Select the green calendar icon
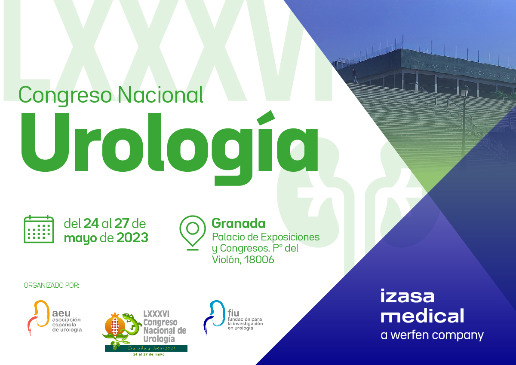pyautogui.click(x=39, y=229)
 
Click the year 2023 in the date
pyautogui.click(x=132, y=237)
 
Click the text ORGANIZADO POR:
pyautogui.click(x=52, y=285)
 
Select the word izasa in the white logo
pyautogui.click(x=407, y=296)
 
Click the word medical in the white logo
pyautogui.click(x=423, y=316)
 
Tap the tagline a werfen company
pyautogui.click(x=432, y=335)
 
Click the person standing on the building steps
pyautogui.click(x=355, y=76)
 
